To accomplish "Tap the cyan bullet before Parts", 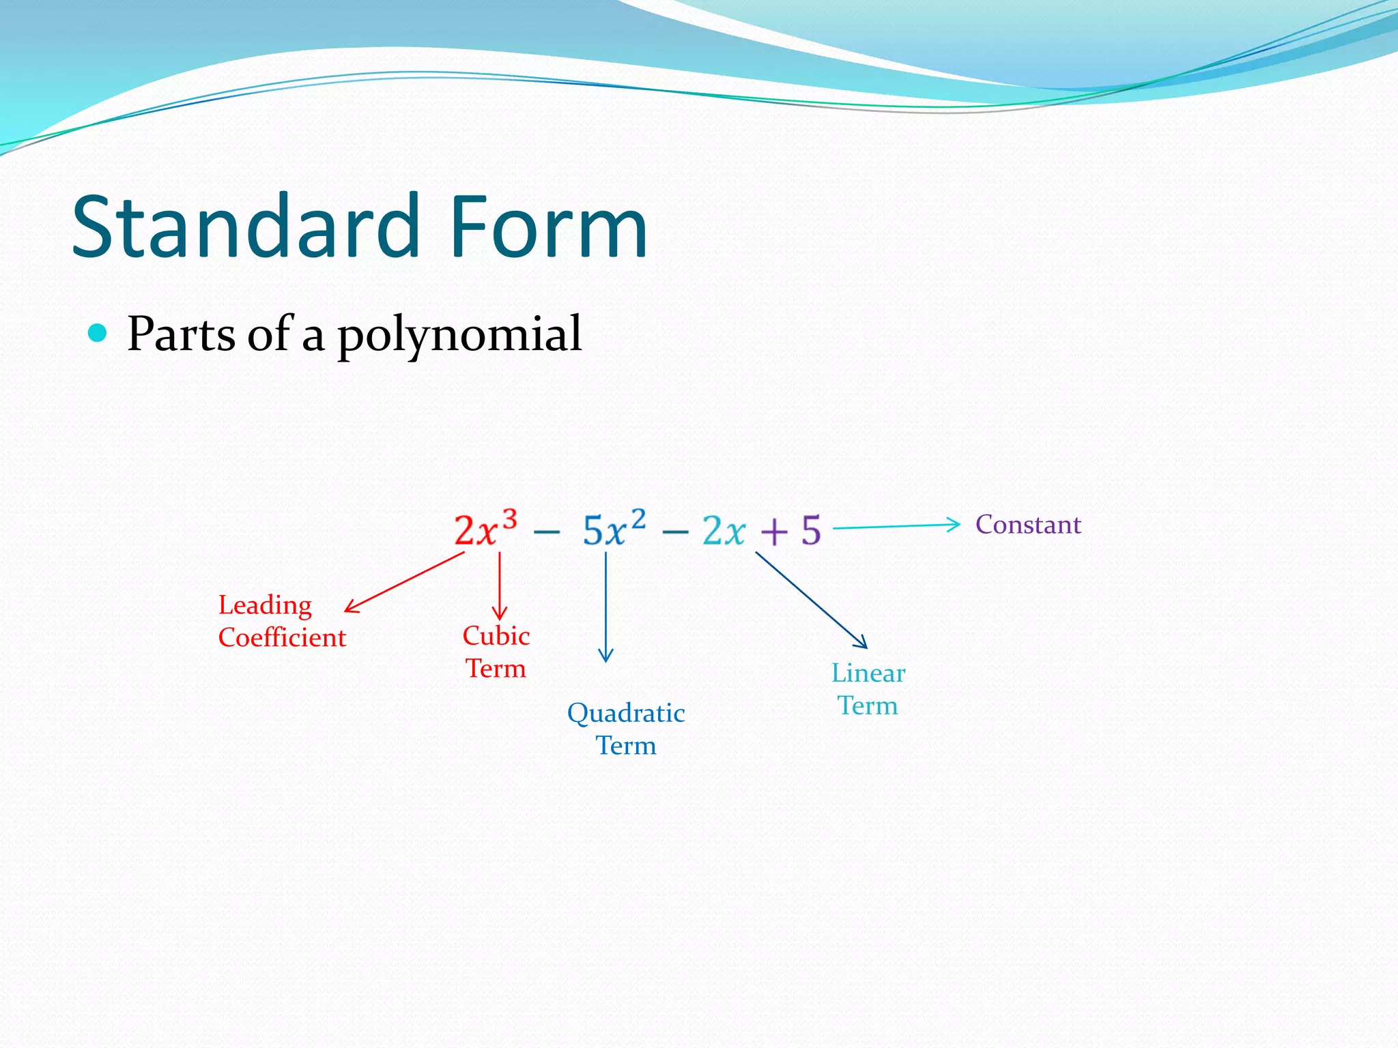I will pyautogui.click(x=98, y=333).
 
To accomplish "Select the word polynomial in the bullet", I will pyautogui.click(x=459, y=336).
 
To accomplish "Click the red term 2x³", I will pyautogui.click(x=485, y=529).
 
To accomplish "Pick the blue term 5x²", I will pyautogui.click(x=614, y=529).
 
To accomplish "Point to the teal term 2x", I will pyautogui.click(x=724, y=531).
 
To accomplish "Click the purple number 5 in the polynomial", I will pyautogui.click(x=810, y=530).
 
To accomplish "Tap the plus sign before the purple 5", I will pyautogui.click(x=774, y=532).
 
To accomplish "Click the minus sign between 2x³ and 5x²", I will pyautogui.click(x=546, y=532).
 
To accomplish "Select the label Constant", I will pyautogui.click(x=1028, y=525).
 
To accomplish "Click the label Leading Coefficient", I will pyautogui.click(x=282, y=621).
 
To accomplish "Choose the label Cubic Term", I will pyautogui.click(x=496, y=652).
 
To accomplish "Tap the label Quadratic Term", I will pyautogui.click(x=626, y=729).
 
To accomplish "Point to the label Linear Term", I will pyautogui.click(x=868, y=689).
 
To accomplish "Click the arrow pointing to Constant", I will pyautogui.click(x=896, y=526).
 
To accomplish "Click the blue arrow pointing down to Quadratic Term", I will pyautogui.click(x=605, y=607).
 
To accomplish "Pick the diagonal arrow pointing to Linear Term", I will pyautogui.click(x=811, y=600).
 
